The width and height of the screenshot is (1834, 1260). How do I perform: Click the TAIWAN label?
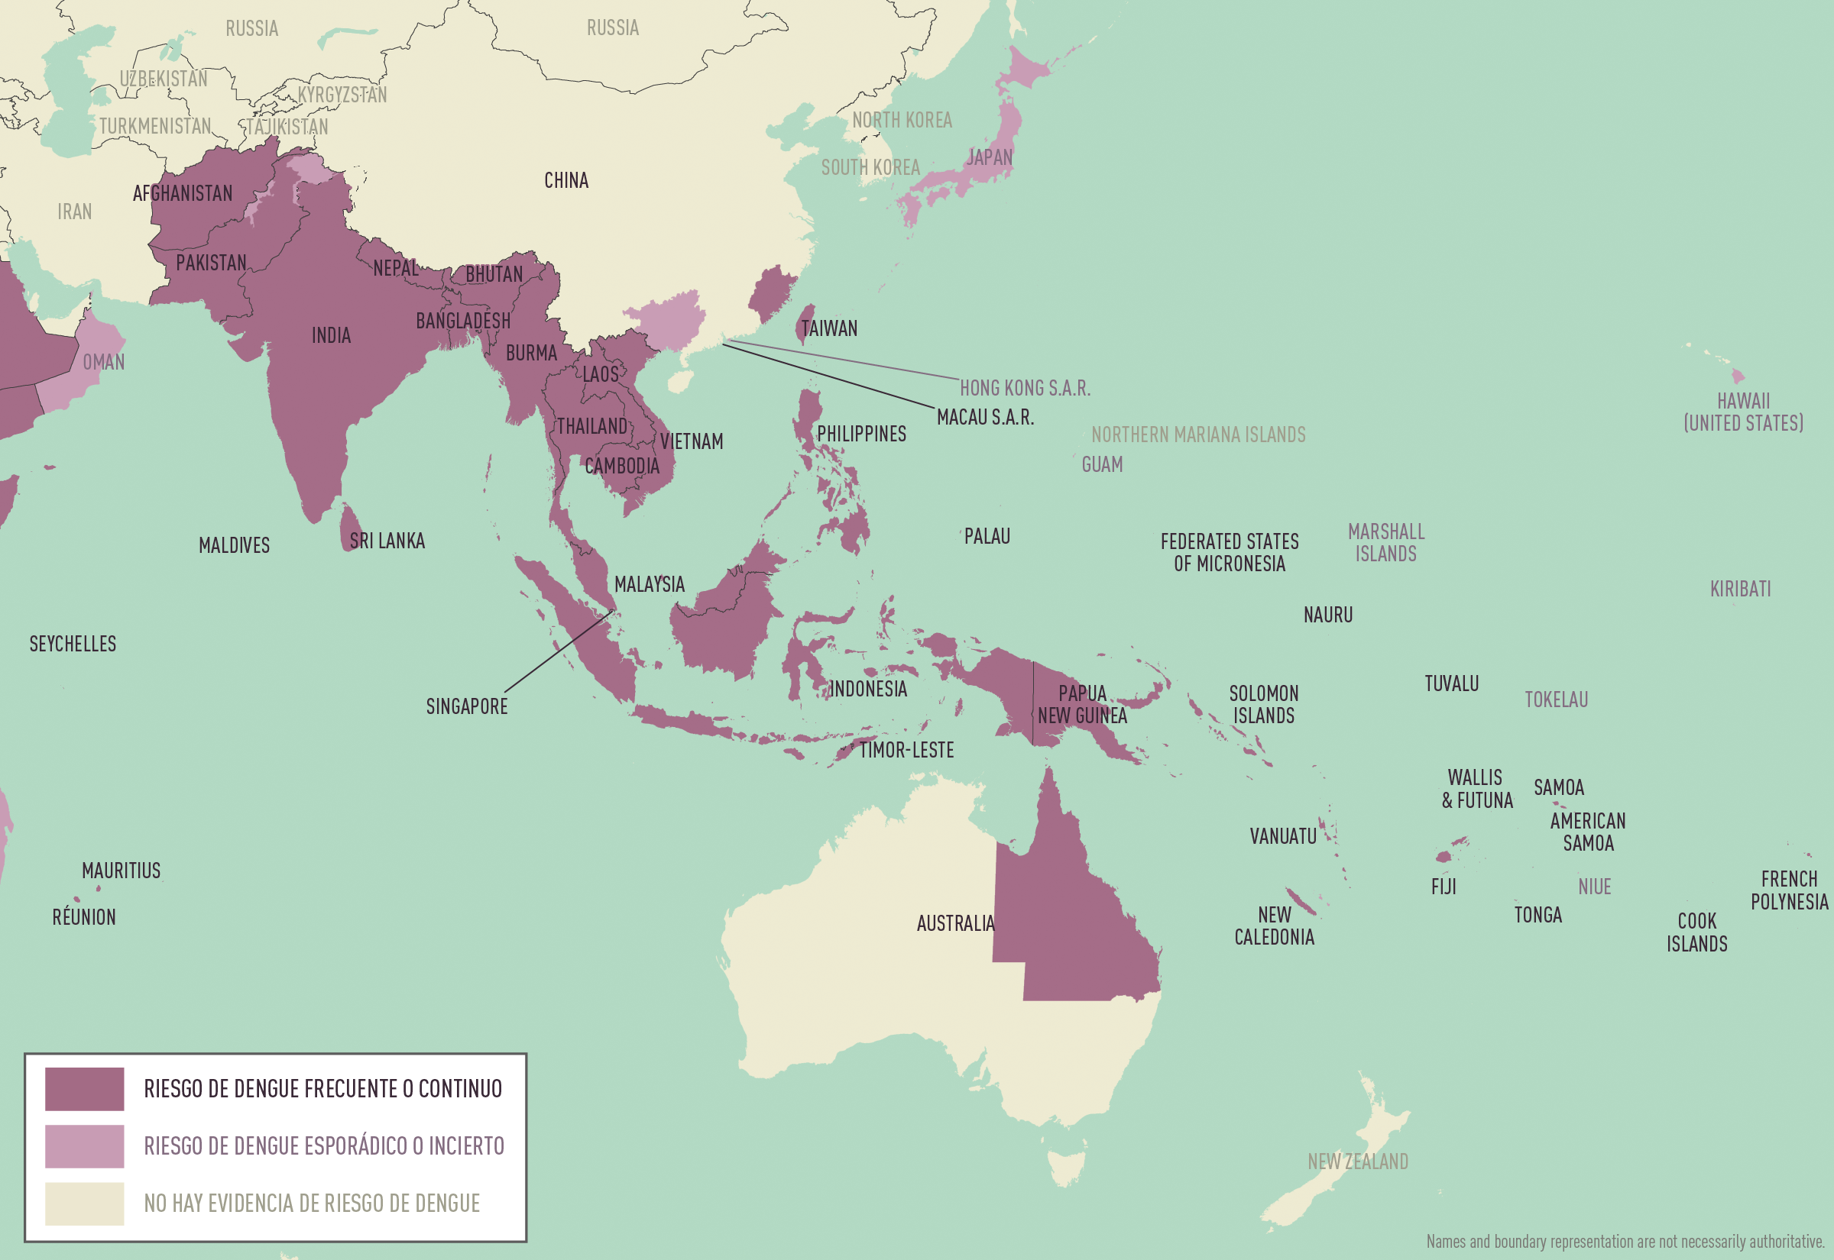point(828,328)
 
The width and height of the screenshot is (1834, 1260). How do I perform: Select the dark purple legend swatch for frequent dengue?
point(85,1089)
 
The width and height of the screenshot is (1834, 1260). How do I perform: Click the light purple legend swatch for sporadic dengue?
point(85,1145)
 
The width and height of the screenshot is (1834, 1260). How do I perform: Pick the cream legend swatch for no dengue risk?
point(85,1203)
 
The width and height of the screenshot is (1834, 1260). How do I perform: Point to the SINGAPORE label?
point(467,706)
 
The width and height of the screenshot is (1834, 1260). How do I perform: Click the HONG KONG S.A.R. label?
point(1025,389)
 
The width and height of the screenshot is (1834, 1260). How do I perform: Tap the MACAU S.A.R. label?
point(985,418)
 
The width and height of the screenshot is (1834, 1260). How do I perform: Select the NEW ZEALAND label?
point(1358,1162)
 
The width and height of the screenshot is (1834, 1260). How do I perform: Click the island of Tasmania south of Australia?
point(1065,1168)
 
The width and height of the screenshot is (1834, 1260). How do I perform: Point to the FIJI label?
point(1443,887)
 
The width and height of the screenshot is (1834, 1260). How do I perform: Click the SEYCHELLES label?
point(73,645)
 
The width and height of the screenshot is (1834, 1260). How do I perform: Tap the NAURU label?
point(1327,615)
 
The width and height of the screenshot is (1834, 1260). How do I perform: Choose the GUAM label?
point(1102,464)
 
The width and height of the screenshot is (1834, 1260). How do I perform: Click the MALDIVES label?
point(234,545)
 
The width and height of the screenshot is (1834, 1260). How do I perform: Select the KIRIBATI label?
point(1740,589)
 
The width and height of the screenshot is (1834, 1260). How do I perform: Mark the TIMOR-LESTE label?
point(906,750)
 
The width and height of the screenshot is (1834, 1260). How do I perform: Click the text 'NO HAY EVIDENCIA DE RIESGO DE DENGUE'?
point(312,1203)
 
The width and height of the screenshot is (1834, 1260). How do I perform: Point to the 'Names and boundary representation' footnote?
point(1625,1242)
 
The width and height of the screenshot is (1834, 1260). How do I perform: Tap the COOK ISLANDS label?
point(1696,932)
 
